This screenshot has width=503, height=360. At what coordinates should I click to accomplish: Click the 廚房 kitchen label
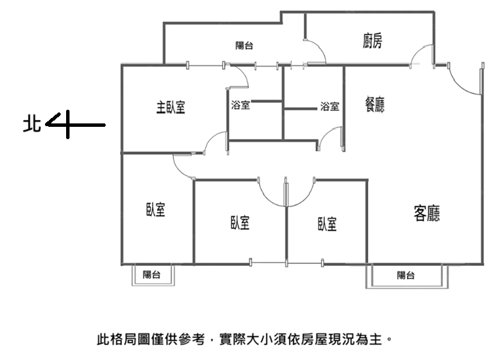(372, 41)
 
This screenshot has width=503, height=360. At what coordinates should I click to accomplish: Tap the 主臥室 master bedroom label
(170, 107)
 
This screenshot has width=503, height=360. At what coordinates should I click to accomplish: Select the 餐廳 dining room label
(375, 104)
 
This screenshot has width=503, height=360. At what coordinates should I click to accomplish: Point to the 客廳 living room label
(427, 213)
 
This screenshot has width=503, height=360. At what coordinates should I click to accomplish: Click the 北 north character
(32, 123)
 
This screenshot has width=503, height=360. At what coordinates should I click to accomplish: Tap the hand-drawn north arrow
(76, 125)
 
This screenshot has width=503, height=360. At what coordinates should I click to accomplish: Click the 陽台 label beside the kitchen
(244, 46)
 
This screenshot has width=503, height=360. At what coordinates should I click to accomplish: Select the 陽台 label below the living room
(406, 275)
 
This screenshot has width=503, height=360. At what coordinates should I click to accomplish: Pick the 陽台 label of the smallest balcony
(152, 274)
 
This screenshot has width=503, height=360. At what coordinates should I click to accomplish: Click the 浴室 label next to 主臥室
(241, 105)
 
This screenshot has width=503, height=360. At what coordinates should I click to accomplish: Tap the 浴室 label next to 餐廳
(329, 106)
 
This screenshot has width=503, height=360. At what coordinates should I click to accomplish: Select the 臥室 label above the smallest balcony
(155, 209)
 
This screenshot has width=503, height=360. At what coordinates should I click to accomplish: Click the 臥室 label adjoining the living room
(327, 224)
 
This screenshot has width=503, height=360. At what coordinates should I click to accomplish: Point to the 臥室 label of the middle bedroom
(240, 222)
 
